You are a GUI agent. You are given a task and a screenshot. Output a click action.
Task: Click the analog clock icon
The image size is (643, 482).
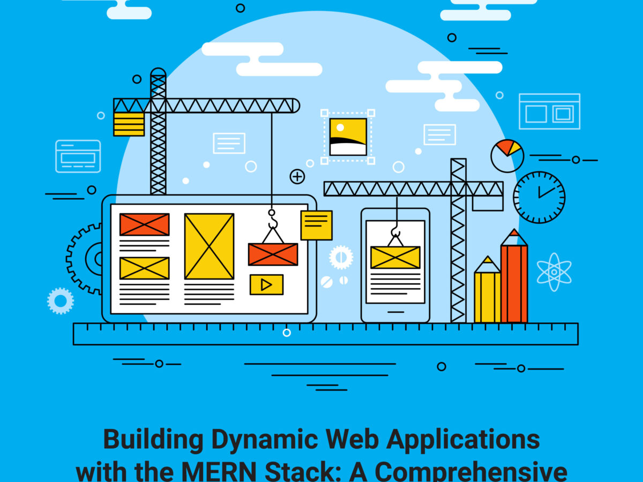pos(539,197)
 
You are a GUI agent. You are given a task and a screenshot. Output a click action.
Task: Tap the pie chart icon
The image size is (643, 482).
pos(507,156)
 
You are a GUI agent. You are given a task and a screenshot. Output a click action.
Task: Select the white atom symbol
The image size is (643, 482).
pos(554,272)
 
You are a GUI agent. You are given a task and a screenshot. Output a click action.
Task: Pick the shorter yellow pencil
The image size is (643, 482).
pos(488,292)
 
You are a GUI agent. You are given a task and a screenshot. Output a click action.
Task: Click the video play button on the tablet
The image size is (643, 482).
pos(266,284)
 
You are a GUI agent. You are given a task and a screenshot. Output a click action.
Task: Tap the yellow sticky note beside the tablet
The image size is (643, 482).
pos(316,225)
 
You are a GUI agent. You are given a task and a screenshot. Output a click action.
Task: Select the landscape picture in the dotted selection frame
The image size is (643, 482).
pos(348,137)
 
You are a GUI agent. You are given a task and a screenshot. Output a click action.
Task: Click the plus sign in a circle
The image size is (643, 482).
pos(297,176)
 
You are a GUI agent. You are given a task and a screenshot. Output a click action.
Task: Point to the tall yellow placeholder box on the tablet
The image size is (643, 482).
pos(209,246)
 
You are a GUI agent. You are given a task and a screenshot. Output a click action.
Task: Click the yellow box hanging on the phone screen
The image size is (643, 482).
pos(395,257)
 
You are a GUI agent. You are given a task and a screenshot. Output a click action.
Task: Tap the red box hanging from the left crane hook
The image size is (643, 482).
pos(273,254)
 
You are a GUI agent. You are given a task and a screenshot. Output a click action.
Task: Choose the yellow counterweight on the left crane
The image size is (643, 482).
pos(129,124)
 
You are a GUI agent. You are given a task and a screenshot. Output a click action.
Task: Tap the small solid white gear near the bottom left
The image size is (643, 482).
pos(61,301)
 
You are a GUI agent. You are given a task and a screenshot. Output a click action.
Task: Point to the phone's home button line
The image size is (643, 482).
pos(395,312)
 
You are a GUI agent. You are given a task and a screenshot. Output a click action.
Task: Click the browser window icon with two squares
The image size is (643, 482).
pos(549,111)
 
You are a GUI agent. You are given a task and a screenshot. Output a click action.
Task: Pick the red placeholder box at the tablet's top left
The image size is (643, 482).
pos(144,224)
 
